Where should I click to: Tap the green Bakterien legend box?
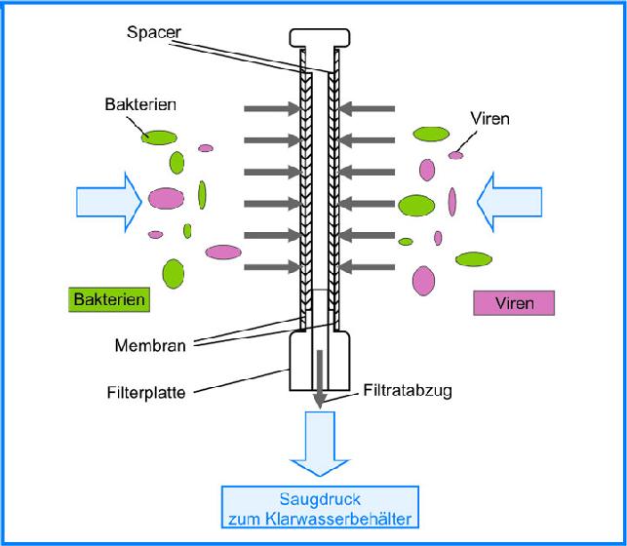click(108, 299)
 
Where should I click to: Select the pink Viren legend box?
click(514, 303)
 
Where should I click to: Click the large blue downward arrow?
click(319, 440)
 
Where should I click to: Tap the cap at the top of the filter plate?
click(319, 38)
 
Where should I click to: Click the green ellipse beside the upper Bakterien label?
click(158, 136)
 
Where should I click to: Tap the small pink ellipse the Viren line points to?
click(455, 155)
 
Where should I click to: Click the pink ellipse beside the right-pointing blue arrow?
click(166, 200)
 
